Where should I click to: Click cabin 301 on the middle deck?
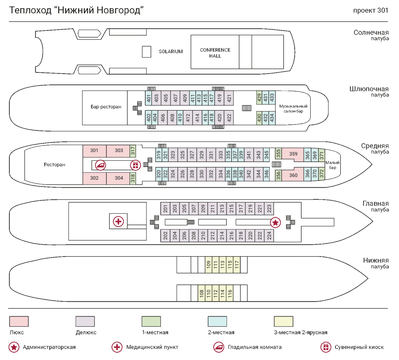pos(94,151)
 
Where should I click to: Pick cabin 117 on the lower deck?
pos(237,265)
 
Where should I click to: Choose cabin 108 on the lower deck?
pos(201,293)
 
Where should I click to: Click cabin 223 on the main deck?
pos(269,209)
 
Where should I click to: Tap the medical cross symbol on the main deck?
pos(118,221)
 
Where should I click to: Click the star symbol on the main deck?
pos(275,222)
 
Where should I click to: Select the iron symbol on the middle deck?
pos(100,165)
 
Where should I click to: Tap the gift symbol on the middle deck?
pos(135,164)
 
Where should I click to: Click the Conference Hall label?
pos(215,53)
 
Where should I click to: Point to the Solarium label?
pos(171,52)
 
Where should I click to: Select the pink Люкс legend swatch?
pos(19,321)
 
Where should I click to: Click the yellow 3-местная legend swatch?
pos(283,321)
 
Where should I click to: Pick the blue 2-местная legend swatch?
pos(217,321)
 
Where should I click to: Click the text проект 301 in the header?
pos(371,10)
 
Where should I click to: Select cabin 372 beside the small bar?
pos(321,174)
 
